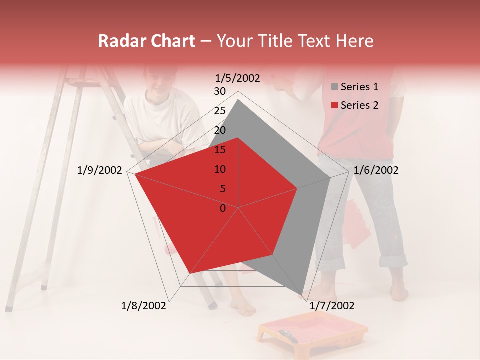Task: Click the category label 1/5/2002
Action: [238, 78]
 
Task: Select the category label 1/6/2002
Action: [376, 170]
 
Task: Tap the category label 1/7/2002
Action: [332, 306]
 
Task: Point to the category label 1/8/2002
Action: [144, 306]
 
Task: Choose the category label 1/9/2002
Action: [100, 170]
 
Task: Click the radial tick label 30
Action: [220, 91]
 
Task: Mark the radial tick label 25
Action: [220, 111]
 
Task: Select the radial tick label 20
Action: [220, 130]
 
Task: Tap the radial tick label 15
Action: [220, 150]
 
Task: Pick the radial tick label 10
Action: [220, 169]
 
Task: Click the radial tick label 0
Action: [223, 208]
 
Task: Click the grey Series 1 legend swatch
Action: [334, 87]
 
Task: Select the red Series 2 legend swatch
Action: [334, 105]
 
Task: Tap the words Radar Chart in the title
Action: [146, 41]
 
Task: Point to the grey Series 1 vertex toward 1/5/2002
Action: [238, 100]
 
